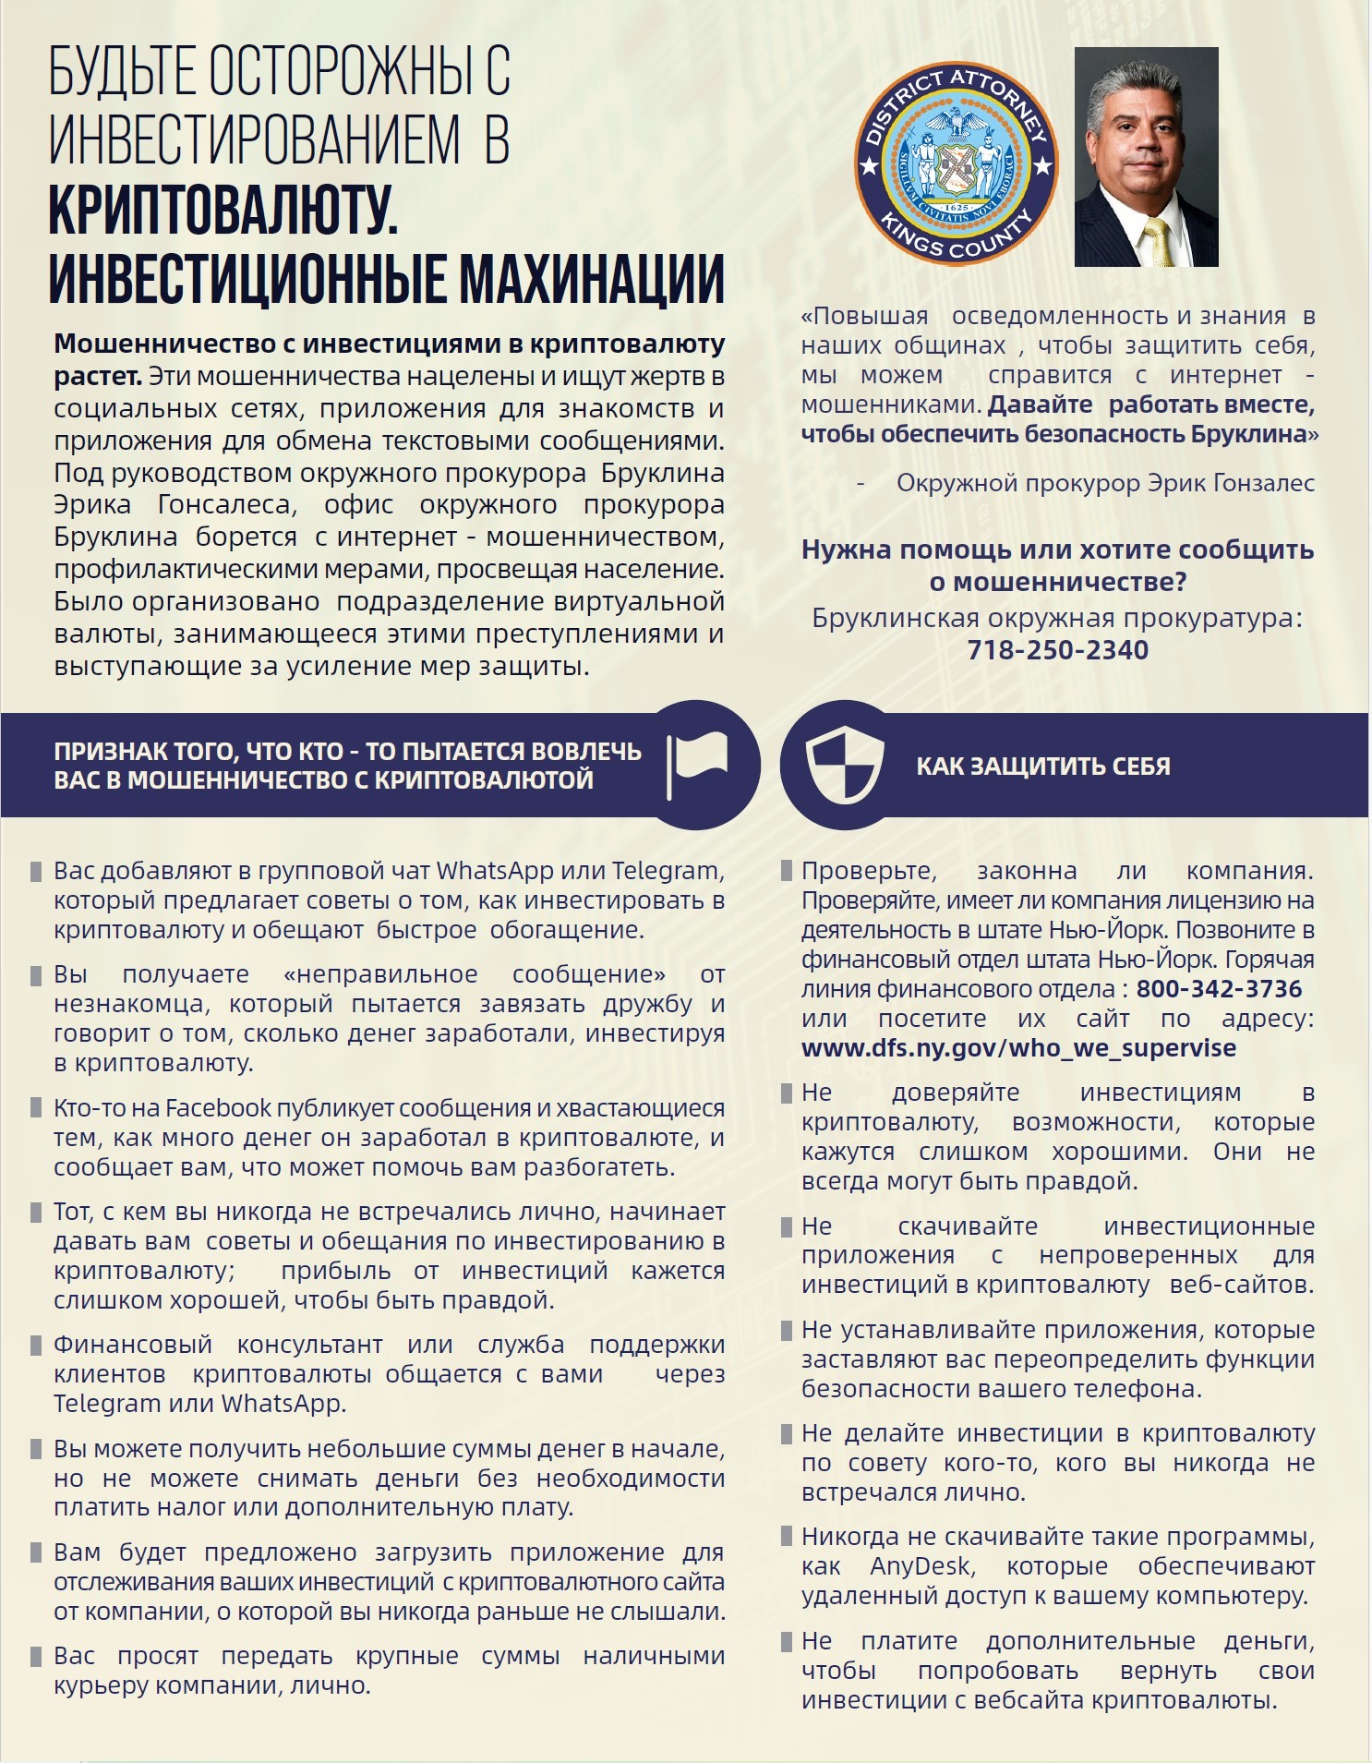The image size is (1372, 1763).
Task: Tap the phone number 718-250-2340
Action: click(x=1057, y=650)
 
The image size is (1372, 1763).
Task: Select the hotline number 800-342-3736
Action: click(x=1219, y=989)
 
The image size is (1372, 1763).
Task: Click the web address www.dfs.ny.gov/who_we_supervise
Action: click(x=1018, y=1048)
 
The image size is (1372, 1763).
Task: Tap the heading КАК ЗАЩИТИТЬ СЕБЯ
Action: click(x=1042, y=767)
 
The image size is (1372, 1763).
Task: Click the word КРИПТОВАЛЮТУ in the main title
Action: click(x=223, y=209)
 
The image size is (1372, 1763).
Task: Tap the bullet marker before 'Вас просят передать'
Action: click(x=36, y=1657)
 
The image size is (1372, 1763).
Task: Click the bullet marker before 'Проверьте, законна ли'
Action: click(x=787, y=871)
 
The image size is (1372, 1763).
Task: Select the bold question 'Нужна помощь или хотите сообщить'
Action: click(x=1057, y=550)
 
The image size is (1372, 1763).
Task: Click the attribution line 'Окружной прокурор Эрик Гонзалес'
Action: click(x=1105, y=483)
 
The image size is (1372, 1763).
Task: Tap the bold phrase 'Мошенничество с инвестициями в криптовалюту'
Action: click(x=389, y=344)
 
